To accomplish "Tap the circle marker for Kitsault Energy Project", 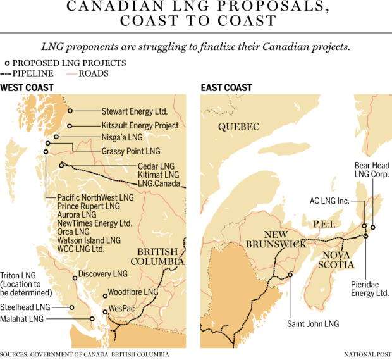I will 70,126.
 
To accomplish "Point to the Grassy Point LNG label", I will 131,152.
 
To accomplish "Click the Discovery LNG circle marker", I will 75,275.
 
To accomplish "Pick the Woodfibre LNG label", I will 133,292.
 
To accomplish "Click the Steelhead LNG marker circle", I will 71,307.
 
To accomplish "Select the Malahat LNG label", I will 23,319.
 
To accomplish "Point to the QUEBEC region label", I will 239,127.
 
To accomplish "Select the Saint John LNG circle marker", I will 290,275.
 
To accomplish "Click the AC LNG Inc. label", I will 329,201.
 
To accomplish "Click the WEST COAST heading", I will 27,87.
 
